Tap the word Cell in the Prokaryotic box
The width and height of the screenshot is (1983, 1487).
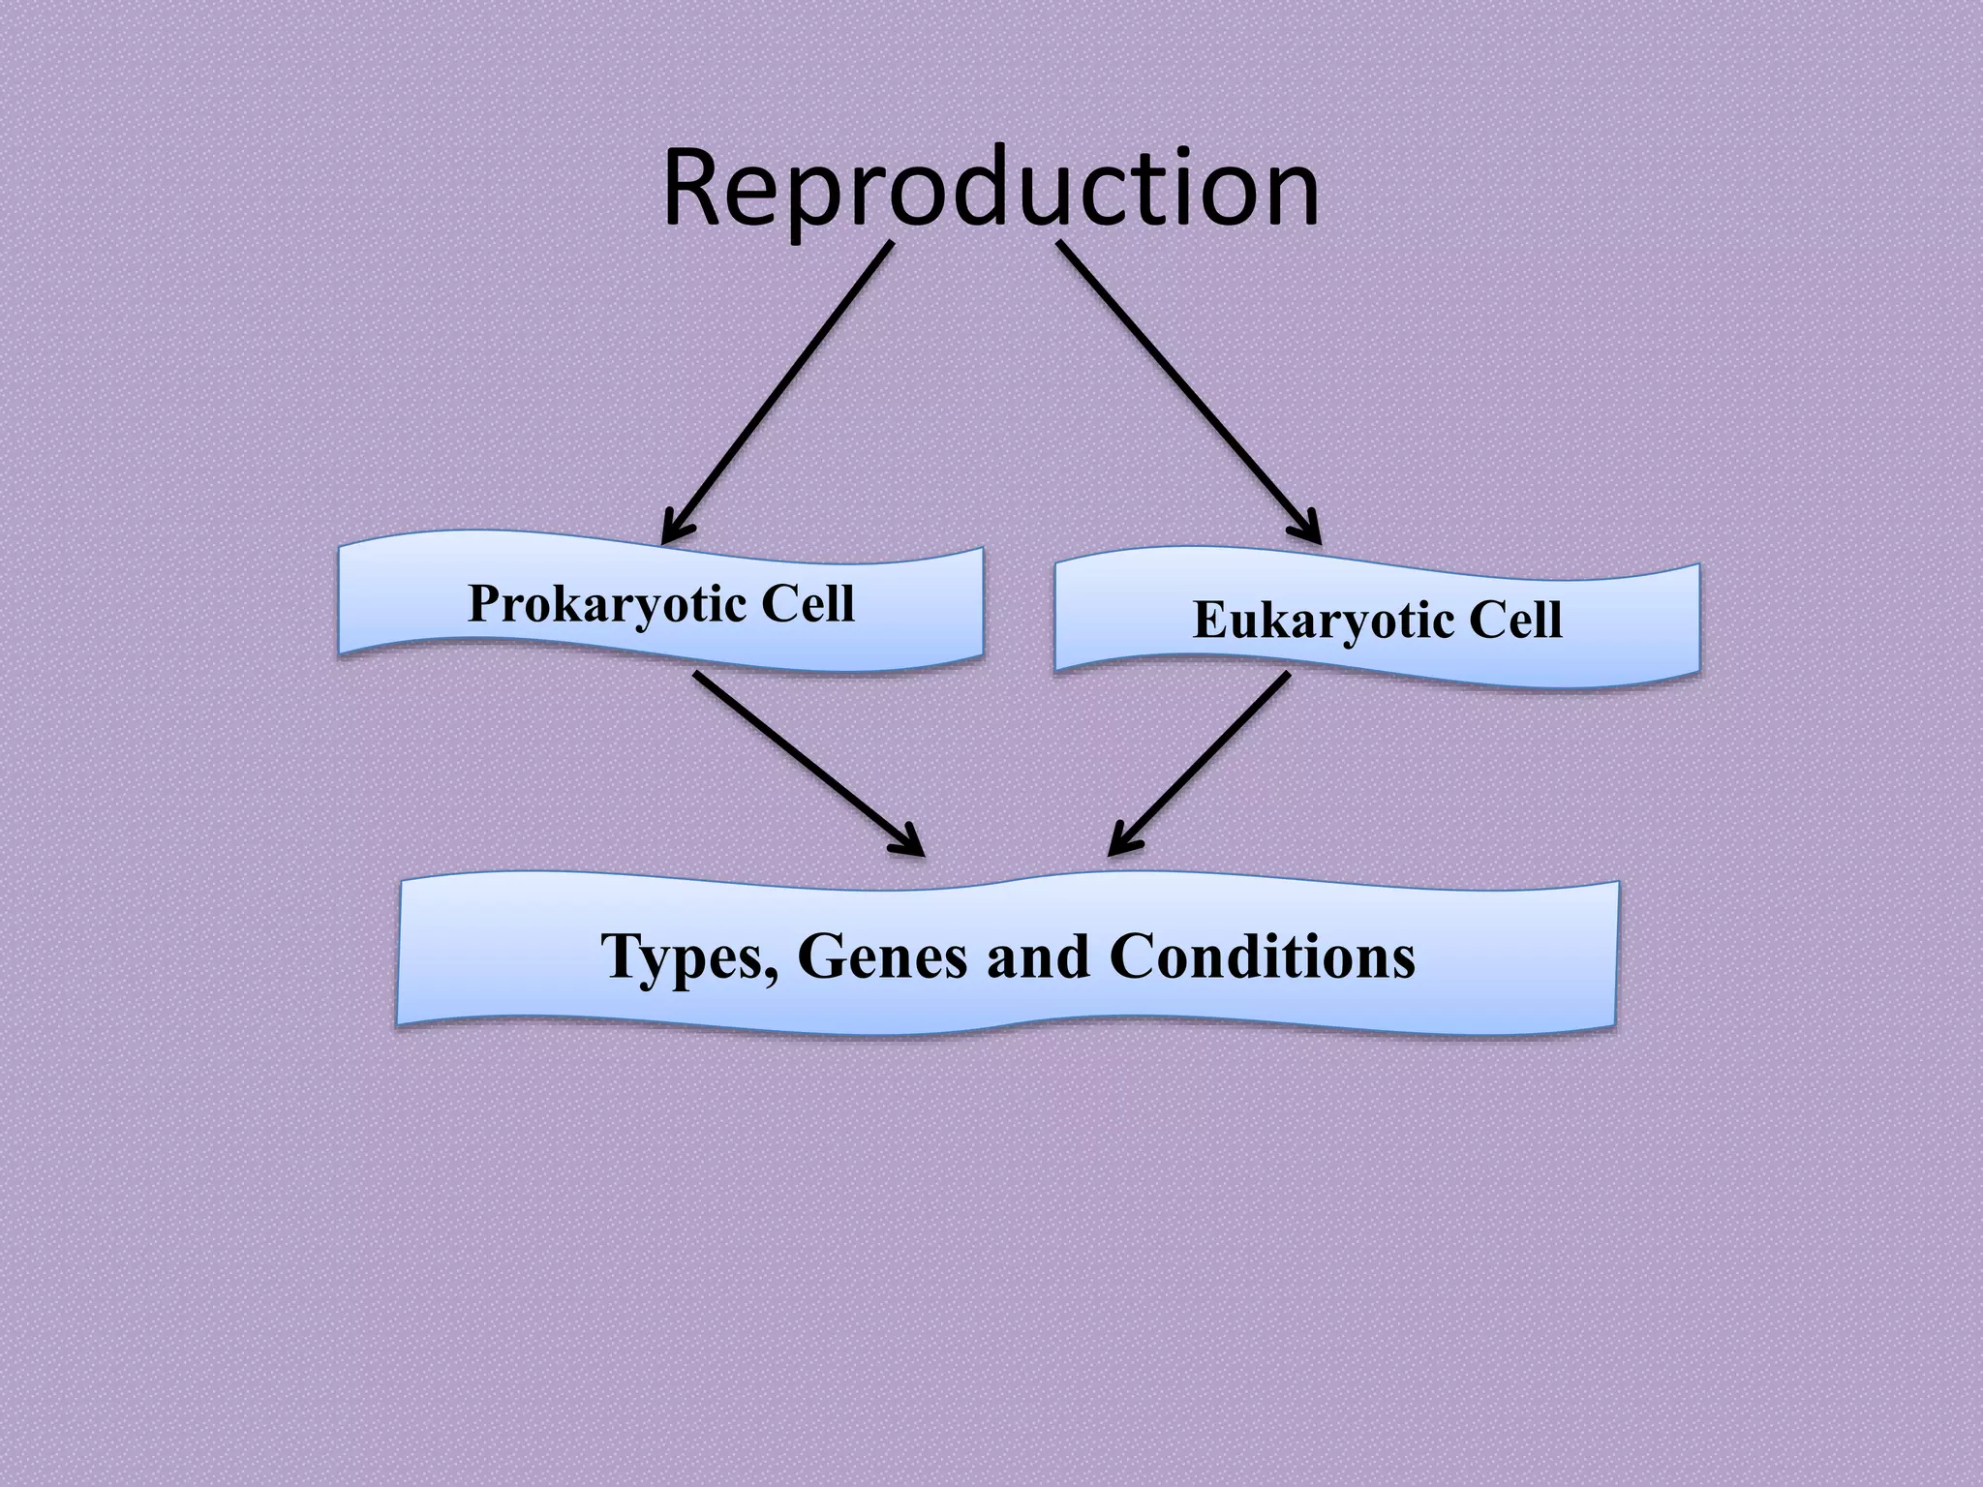pyautogui.click(x=808, y=604)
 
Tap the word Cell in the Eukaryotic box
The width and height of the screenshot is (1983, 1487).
pyautogui.click(x=1515, y=620)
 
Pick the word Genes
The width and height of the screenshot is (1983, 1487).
pyautogui.click(x=882, y=956)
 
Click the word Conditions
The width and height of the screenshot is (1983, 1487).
pyautogui.click(x=1262, y=956)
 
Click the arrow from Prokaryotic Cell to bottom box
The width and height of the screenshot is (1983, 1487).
pyautogui.click(x=804, y=760)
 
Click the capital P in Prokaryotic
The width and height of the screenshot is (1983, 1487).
pyautogui.click(x=484, y=604)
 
